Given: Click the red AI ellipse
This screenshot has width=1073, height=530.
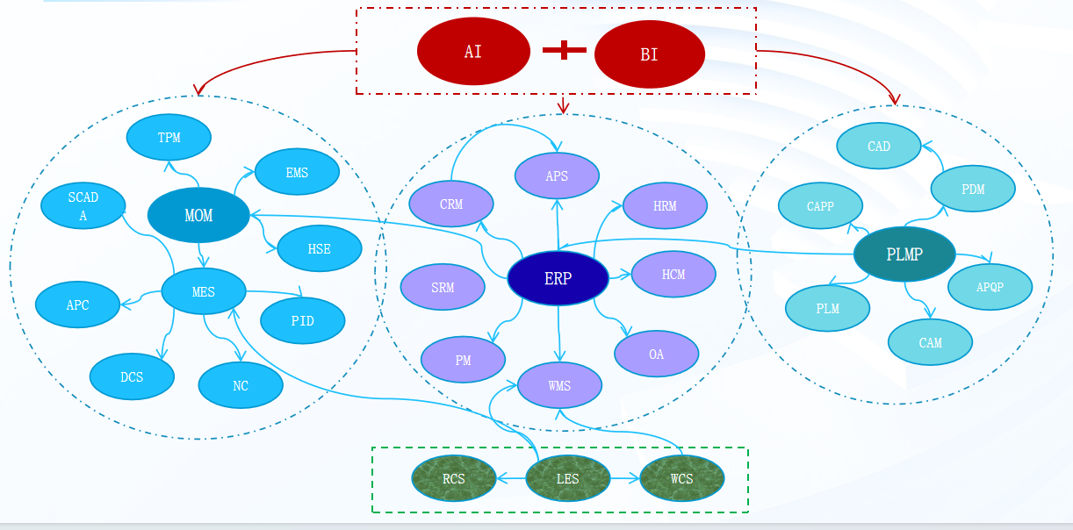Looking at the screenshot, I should tap(473, 51).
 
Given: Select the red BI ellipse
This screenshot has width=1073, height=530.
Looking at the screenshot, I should tap(649, 54).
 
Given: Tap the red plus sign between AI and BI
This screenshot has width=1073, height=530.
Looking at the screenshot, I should tap(564, 51).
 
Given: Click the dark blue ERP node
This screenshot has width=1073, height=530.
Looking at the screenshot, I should tap(558, 279).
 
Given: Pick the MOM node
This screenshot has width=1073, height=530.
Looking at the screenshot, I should tap(198, 215).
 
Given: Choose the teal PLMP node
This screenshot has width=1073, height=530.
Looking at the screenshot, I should tap(904, 254).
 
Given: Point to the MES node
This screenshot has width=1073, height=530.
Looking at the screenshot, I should tap(204, 292).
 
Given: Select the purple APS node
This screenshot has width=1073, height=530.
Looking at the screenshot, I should tap(557, 175).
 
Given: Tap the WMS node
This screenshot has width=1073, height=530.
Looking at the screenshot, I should tap(559, 385).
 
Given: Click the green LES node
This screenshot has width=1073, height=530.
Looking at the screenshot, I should tap(567, 479).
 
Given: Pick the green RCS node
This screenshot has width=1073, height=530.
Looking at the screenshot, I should tap(453, 479).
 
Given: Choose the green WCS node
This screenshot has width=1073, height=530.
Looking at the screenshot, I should tap(681, 479).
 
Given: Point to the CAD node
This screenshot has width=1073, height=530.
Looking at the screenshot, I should tap(878, 147).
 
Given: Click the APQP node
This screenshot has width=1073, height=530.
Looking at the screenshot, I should tap(990, 286).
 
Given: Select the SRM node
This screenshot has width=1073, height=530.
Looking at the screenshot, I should tap(443, 287).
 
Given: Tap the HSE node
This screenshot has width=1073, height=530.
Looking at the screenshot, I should tap(319, 249).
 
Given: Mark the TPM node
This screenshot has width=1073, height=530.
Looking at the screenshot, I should tap(169, 138).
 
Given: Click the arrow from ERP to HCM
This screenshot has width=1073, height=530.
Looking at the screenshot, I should tap(620, 276).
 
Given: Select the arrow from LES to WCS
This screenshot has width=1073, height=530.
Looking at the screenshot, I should tap(624, 479).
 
